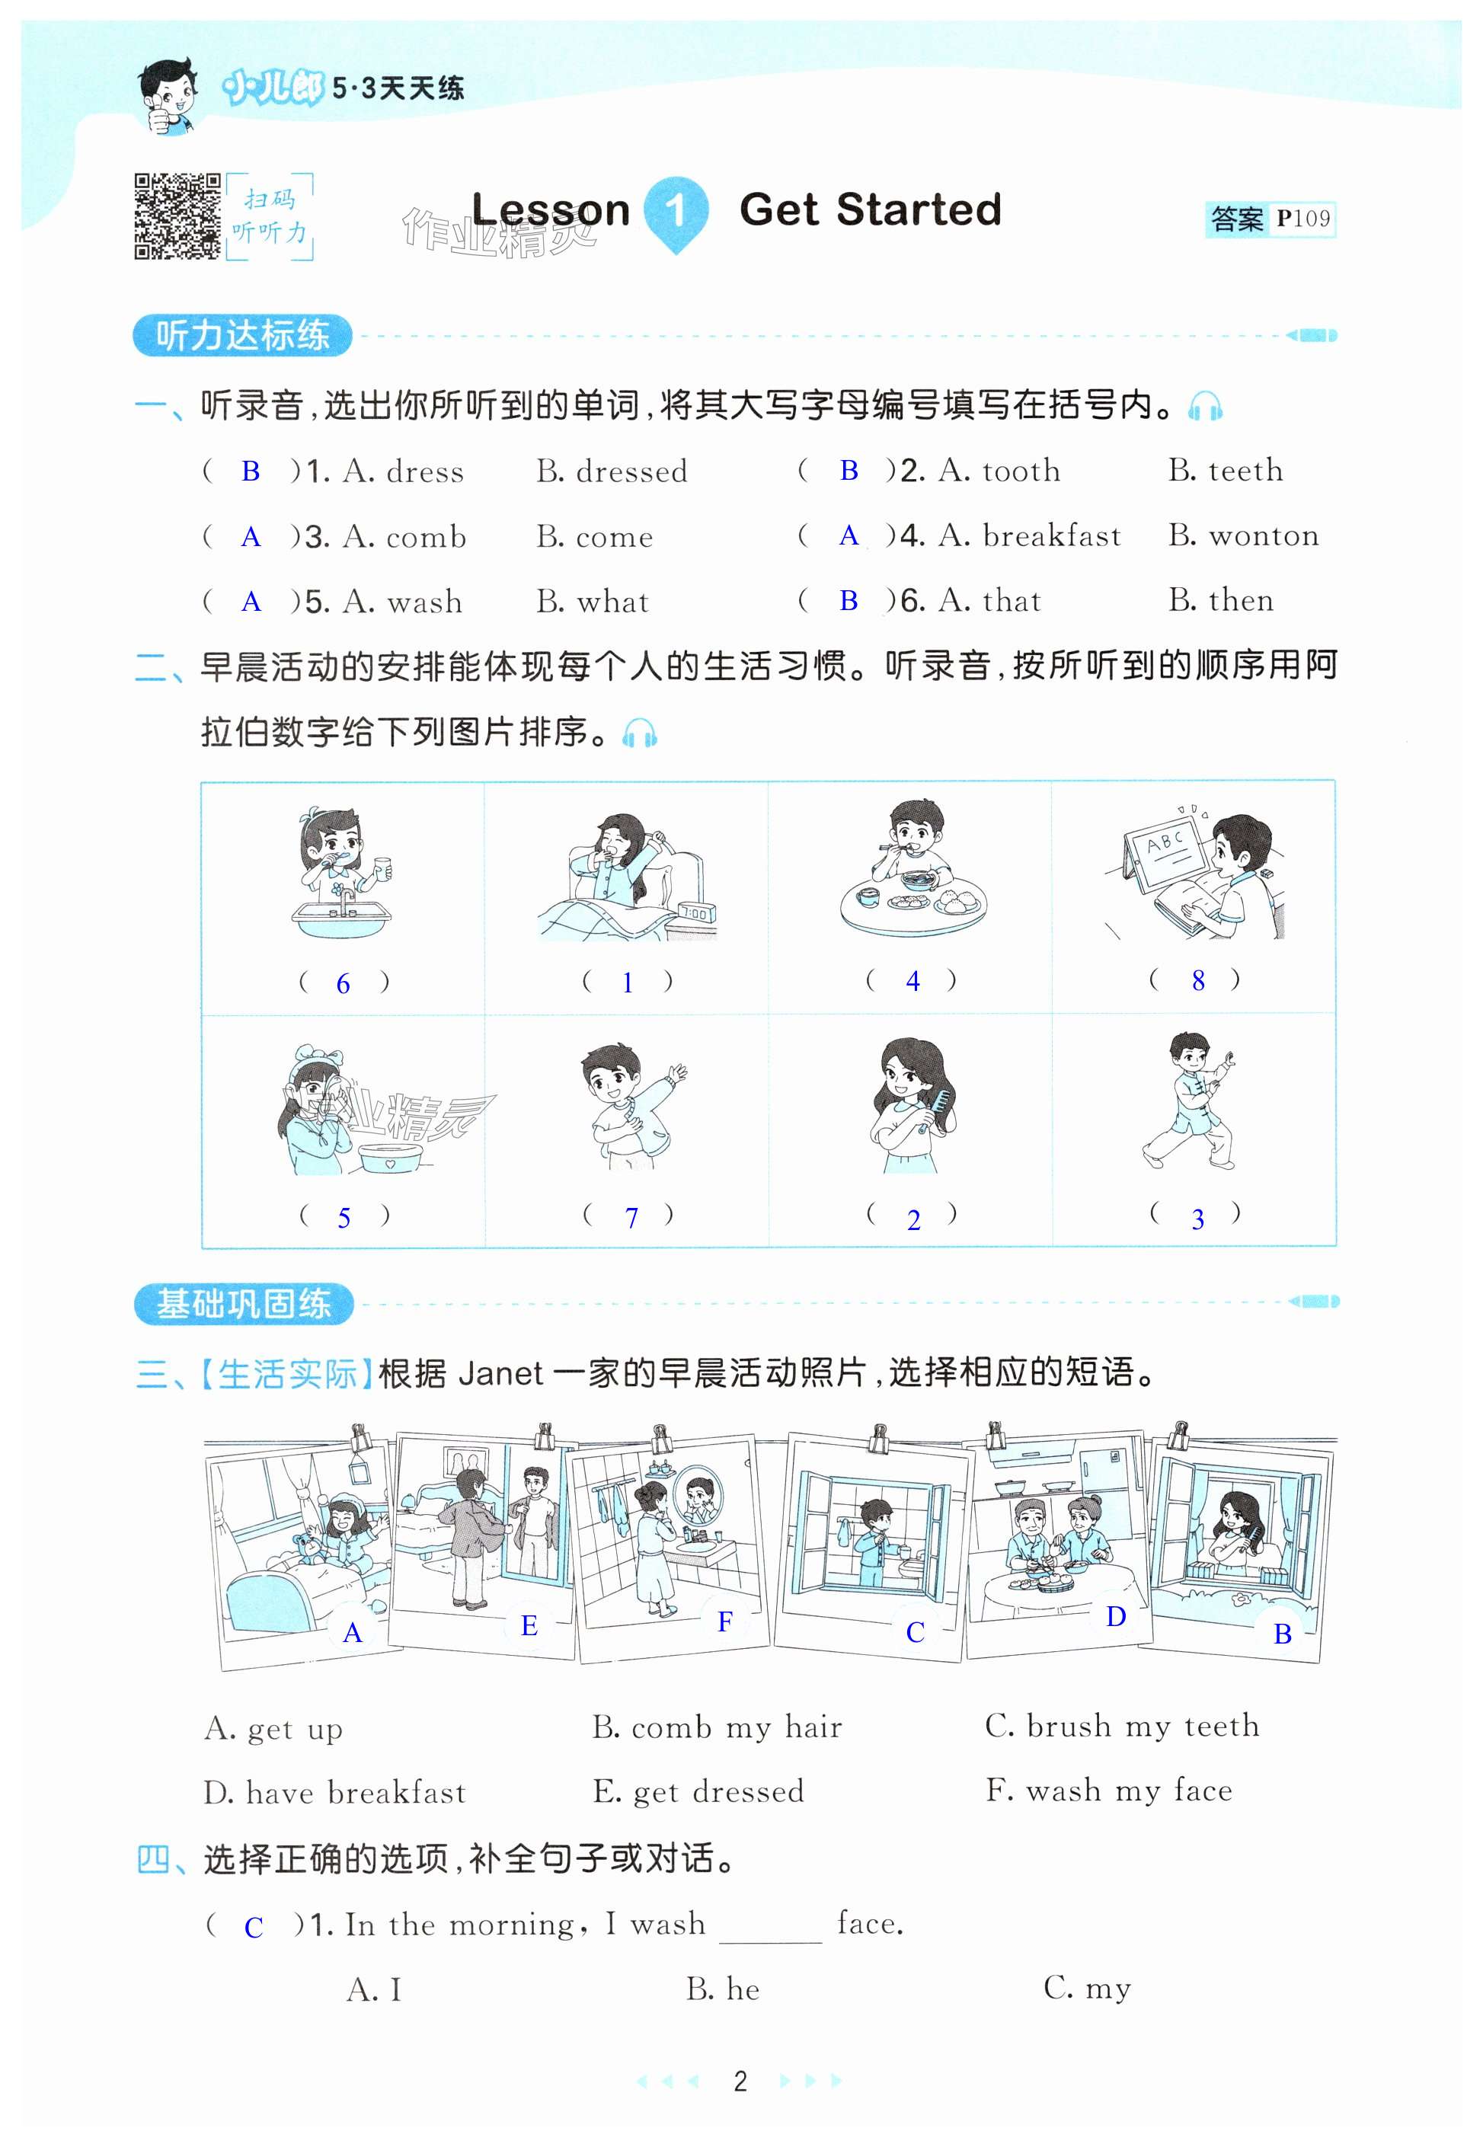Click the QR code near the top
(177, 216)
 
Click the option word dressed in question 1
(632, 472)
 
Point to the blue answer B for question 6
(849, 601)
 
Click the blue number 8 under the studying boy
(1199, 980)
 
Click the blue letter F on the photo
(725, 1623)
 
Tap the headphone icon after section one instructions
(1205, 406)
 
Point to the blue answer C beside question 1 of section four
(254, 1927)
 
